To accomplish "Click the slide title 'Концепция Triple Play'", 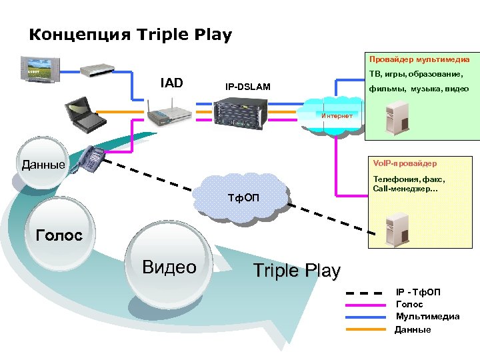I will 131,35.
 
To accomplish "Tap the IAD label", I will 171,83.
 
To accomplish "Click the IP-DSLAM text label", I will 247,87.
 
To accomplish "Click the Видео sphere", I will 169,267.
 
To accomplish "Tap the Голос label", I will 59,235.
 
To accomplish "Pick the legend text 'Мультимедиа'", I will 427,317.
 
